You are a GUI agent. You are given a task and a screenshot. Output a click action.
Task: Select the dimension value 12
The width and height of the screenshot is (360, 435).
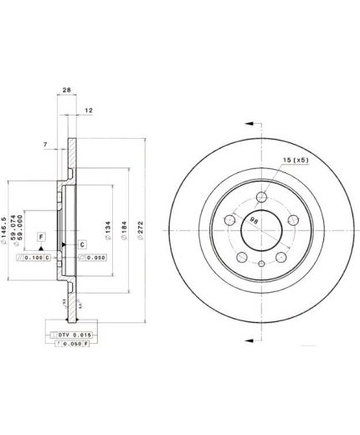[89, 110]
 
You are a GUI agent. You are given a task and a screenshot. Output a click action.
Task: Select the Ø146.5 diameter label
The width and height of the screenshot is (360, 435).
[7, 228]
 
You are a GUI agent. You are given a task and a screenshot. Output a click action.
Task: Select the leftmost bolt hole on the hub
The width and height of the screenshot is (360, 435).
[229, 222]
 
